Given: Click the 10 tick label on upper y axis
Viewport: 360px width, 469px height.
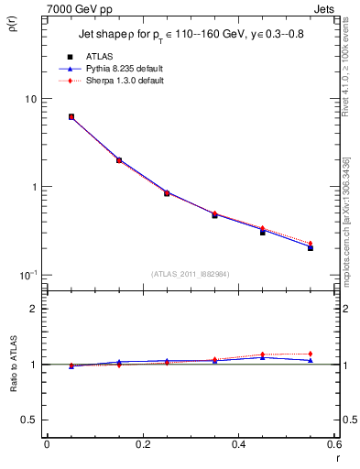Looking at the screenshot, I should (x=29, y=99).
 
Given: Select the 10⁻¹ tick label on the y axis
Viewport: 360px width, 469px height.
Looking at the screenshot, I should (x=27, y=276).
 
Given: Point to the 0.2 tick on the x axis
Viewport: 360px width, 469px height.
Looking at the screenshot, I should (x=142, y=445).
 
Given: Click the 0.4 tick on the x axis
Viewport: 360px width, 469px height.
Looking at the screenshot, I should (x=238, y=445).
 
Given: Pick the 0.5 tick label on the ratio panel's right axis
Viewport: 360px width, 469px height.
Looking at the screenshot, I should (x=349, y=420).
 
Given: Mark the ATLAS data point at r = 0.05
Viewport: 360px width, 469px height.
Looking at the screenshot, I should (x=71, y=117).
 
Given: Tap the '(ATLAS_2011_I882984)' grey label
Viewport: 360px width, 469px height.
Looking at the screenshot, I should (x=191, y=273).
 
